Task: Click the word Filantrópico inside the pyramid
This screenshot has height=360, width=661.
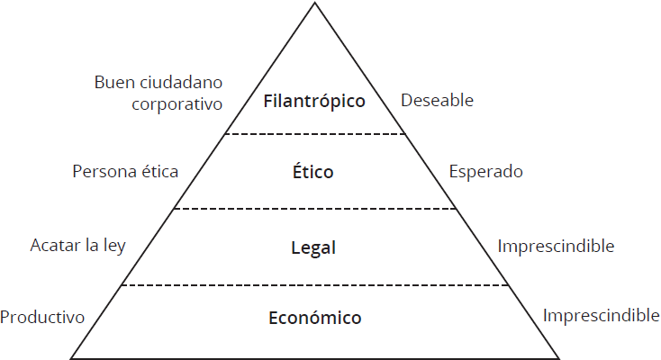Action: click(314, 101)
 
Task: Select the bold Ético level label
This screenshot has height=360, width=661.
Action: click(314, 172)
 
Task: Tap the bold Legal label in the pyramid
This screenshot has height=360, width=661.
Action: click(314, 247)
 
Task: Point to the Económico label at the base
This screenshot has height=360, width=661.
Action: click(314, 318)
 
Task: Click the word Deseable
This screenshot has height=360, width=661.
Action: click(437, 100)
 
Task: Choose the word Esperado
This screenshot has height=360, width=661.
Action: click(485, 171)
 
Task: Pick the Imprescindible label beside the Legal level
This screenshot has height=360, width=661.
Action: click(556, 246)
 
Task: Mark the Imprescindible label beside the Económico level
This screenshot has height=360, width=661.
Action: click(601, 316)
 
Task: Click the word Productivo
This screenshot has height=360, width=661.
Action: click(42, 318)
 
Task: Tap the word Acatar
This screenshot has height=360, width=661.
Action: click(56, 245)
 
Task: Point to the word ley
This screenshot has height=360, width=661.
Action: click(113, 245)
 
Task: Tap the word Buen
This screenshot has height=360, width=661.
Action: click(113, 83)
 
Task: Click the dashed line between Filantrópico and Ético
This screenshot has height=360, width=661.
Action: click(314, 134)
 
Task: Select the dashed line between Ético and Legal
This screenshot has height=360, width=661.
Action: click(314, 209)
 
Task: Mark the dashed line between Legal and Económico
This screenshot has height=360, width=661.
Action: click(314, 285)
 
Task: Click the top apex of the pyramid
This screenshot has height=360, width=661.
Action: click(315, 4)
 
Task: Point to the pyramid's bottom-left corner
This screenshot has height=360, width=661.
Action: click(72, 355)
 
